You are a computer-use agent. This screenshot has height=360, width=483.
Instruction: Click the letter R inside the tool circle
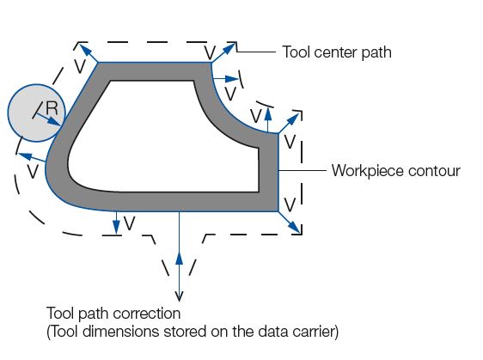pyautogui.click(x=52, y=108)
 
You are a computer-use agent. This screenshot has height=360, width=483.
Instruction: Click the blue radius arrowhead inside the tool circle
pyautogui.click(x=56, y=122)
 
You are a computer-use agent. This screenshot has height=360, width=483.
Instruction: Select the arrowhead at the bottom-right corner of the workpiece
pyautogui.click(x=295, y=228)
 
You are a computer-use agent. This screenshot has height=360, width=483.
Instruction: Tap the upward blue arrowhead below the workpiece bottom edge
pyautogui.click(x=179, y=258)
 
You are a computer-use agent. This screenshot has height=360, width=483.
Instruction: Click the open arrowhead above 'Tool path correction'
pyautogui.click(x=179, y=296)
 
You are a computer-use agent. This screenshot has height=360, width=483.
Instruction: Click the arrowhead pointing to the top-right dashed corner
pyautogui.click(x=229, y=49)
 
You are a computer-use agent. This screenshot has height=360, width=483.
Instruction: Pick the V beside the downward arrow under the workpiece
pyautogui.click(x=130, y=223)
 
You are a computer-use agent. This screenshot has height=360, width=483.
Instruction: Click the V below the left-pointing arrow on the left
pyautogui.click(x=33, y=172)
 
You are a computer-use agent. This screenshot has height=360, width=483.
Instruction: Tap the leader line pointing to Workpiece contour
pyautogui.click(x=303, y=170)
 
